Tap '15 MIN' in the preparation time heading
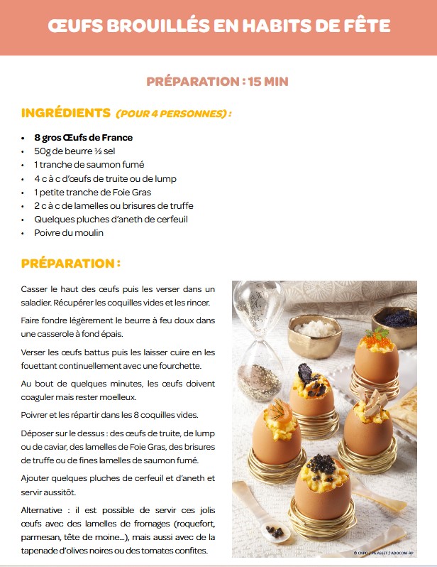(268, 81)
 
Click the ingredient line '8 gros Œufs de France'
(83, 137)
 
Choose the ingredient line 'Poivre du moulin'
(69, 232)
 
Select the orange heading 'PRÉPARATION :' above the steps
(70, 263)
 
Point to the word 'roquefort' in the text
(192, 524)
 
